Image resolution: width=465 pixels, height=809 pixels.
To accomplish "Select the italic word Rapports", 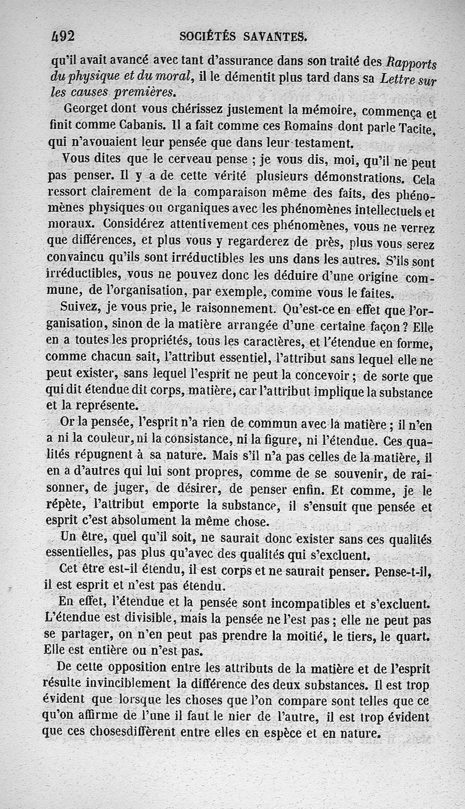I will [412, 63].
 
